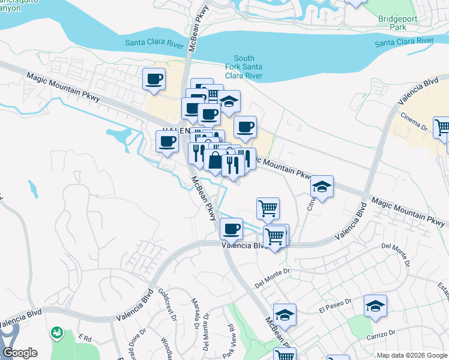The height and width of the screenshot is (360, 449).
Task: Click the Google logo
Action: click(x=20, y=353)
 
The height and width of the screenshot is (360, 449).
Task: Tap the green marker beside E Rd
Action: click(x=58, y=332)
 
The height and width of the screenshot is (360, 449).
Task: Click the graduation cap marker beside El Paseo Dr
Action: click(x=375, y=306)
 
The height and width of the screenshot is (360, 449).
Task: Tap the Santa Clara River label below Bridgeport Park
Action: click(x=404, y=42)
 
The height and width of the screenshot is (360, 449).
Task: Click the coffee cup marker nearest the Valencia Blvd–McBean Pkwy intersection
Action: click(x=231, y=229)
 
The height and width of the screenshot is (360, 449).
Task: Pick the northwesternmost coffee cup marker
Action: click(x=154, y=79)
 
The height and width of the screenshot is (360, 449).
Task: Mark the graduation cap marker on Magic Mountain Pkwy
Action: click(x=322, y=187)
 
